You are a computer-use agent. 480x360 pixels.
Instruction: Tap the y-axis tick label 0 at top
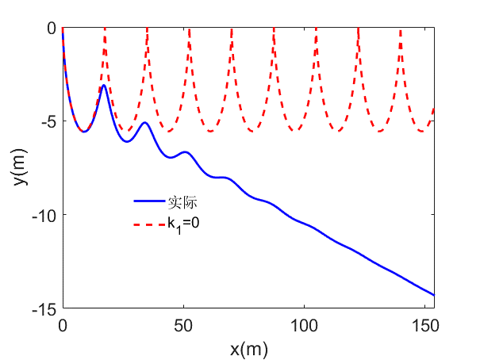pyautogui.click(x=52, y=29)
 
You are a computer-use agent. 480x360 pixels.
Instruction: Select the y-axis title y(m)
pyautogui.click(x=19, y=168)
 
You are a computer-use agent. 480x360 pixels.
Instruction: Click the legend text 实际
pyautogui.click(x=179, y=202)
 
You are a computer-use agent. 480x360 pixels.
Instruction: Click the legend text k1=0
pyautogui.click(x=182, y=224)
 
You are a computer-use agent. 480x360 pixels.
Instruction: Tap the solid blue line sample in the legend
pyautogui.click(x=148, y=202)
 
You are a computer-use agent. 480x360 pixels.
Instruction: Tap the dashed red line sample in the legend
pyautogui.click(x=148, y=224)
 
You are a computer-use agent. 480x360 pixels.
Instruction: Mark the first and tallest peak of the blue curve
pyautogui.click(x=104, y=86)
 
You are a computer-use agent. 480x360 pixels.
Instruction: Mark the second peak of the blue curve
pyautogui.click(x=144, y=123)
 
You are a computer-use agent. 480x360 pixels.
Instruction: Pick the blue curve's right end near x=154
pyautogui.click(x=434, y=295)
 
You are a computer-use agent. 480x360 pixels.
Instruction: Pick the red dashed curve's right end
pyautogui.click(x=434, y=108)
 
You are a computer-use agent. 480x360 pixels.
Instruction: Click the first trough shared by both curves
pyautogui.click(x=84, y=132)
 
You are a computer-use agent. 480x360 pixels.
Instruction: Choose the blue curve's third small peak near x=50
pyautogui.click(x=185, y=151)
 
